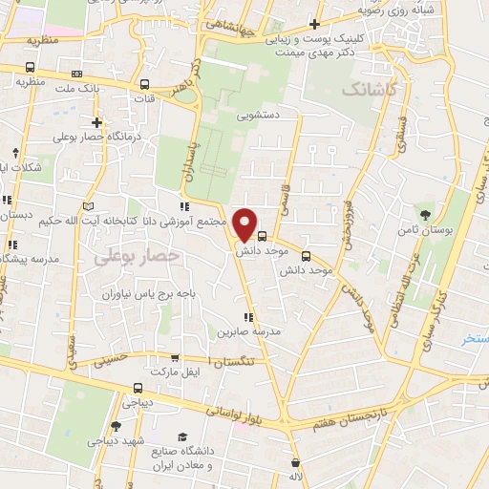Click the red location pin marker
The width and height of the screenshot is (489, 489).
tap(245, 224)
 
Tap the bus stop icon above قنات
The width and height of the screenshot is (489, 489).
tap(144, 83)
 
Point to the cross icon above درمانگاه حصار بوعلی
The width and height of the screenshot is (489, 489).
tap(96, 121)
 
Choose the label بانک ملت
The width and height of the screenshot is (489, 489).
tap(78, 88)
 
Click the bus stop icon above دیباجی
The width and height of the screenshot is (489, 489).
tap(139, 388)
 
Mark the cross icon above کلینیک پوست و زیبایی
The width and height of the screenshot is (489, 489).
tap(314, 24)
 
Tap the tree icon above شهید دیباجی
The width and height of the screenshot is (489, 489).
tap(116, 426)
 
